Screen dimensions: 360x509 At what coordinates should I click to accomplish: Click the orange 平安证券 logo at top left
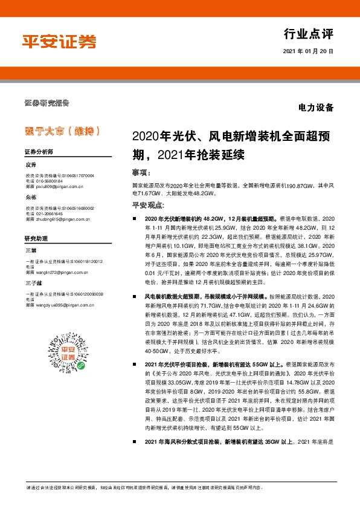click(59, 41)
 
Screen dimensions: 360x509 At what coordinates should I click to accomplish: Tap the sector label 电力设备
click(315, 108)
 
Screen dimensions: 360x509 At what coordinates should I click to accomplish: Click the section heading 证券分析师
click(39, 152)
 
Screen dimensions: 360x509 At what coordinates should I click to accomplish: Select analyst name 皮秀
click(31, 164)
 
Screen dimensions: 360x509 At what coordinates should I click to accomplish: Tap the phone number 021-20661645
click(50, 214)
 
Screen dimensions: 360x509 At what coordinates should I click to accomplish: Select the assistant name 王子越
click(33, 284)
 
